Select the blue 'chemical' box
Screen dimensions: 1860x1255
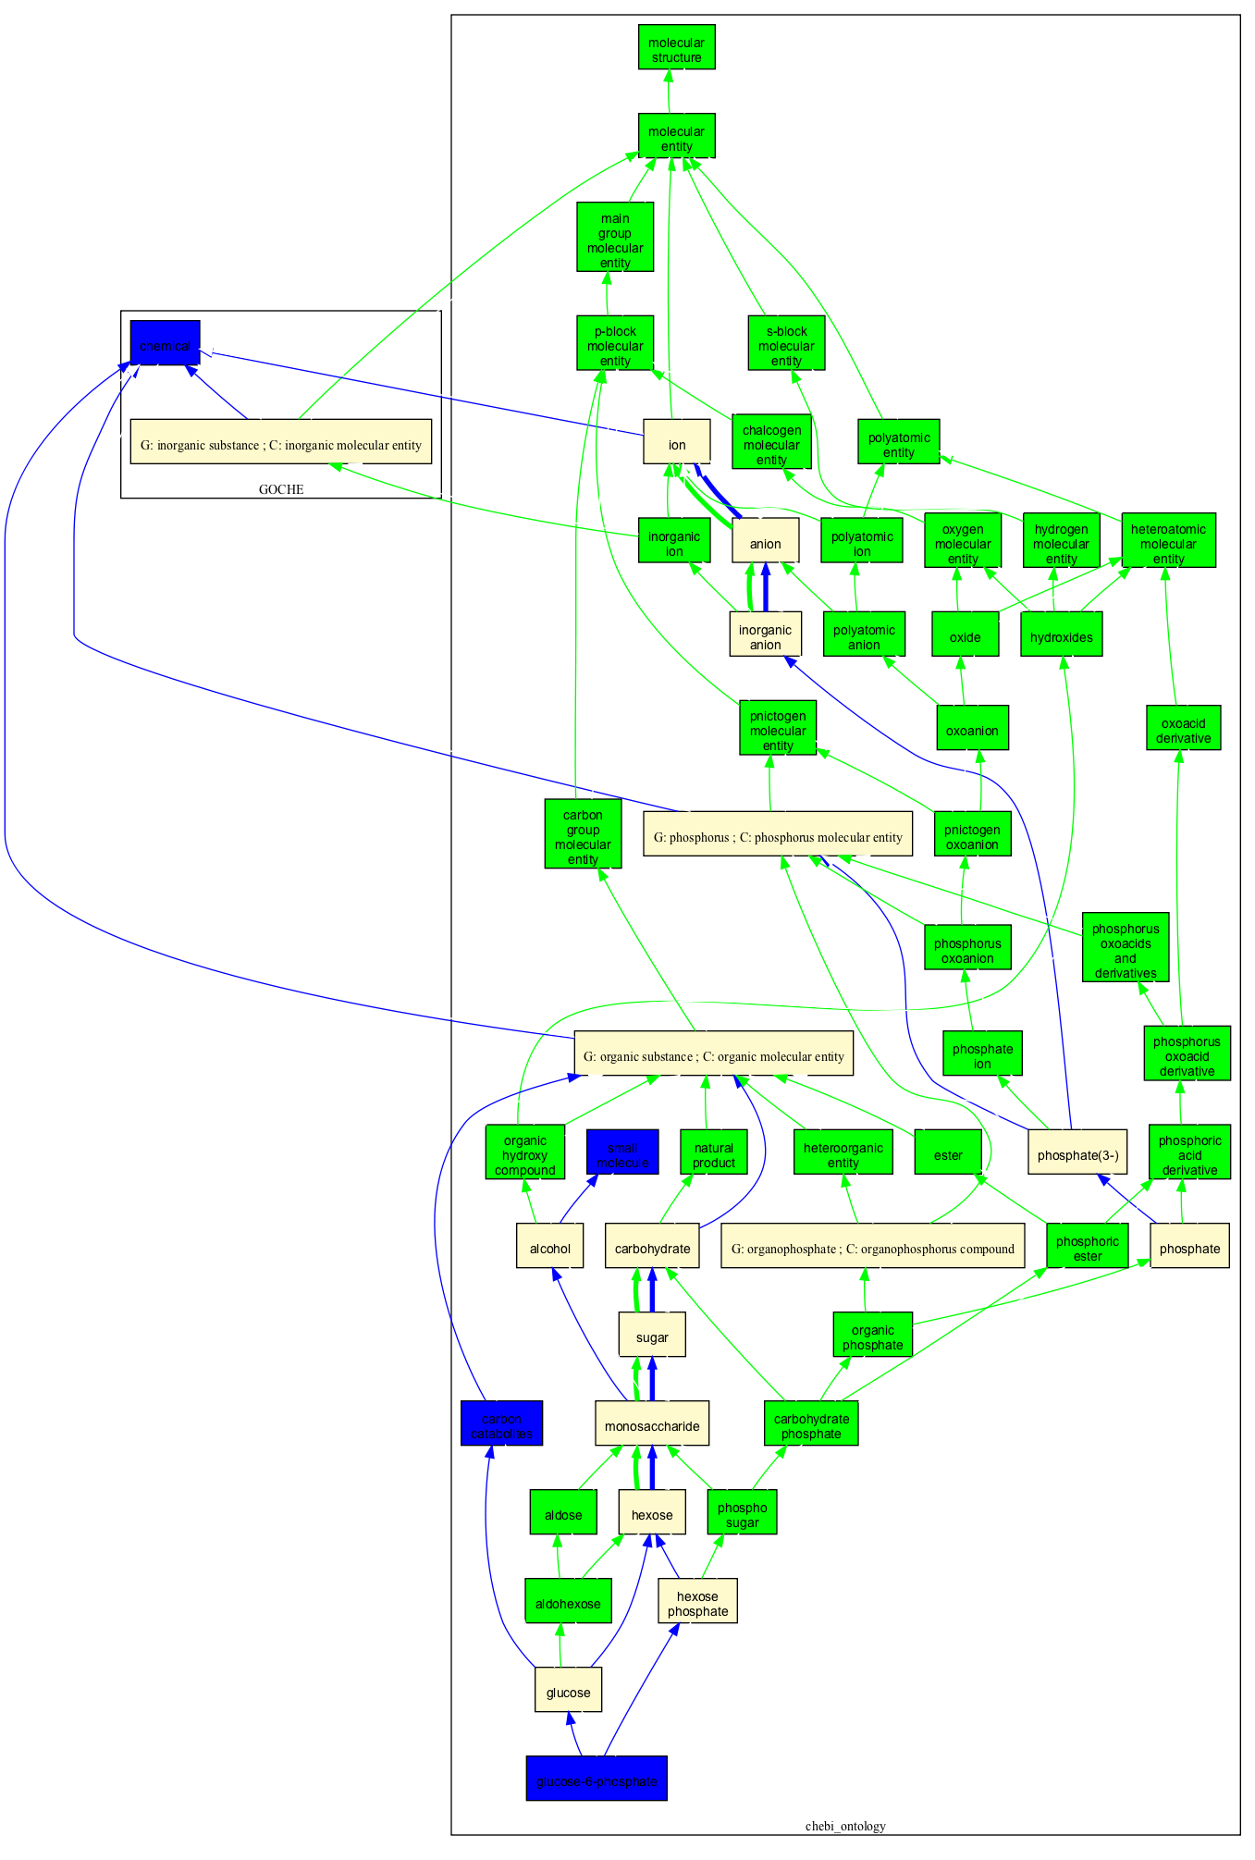tap(165, 343)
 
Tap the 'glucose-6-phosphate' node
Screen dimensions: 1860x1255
tap(597, 1778)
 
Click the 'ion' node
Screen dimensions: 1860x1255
tap(677, 441)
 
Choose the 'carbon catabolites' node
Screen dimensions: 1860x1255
tap(501, 1423)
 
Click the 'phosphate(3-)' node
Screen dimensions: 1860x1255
tap(1077, 1152)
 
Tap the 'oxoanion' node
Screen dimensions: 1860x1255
tap(972, 727)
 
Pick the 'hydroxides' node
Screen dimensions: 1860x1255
tap(1061, 634)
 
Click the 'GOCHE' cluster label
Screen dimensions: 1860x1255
tap(280, 489)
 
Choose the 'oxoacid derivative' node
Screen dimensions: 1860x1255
tap(1183, 727)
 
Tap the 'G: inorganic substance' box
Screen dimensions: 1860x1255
tap(280, 441)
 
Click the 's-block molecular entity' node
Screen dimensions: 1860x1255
tap(786, 343)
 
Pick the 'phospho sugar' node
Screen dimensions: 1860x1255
tap(742, 1511)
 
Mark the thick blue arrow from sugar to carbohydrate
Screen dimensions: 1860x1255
tap(652, 1290)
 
